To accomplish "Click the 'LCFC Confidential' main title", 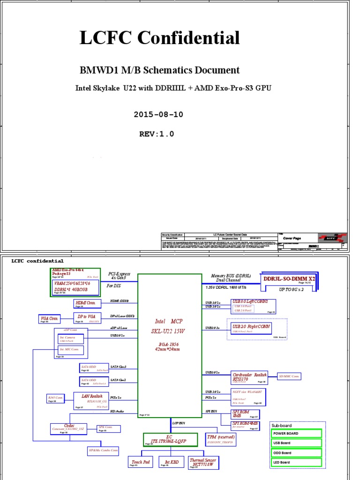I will (x=160, y=38).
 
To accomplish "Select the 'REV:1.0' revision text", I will (x=157, y=134).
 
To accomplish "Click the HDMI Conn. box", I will (x=84, y=303).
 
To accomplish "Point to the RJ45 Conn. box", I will (x=56, y=399).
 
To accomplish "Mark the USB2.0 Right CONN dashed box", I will (x=251, y=328).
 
